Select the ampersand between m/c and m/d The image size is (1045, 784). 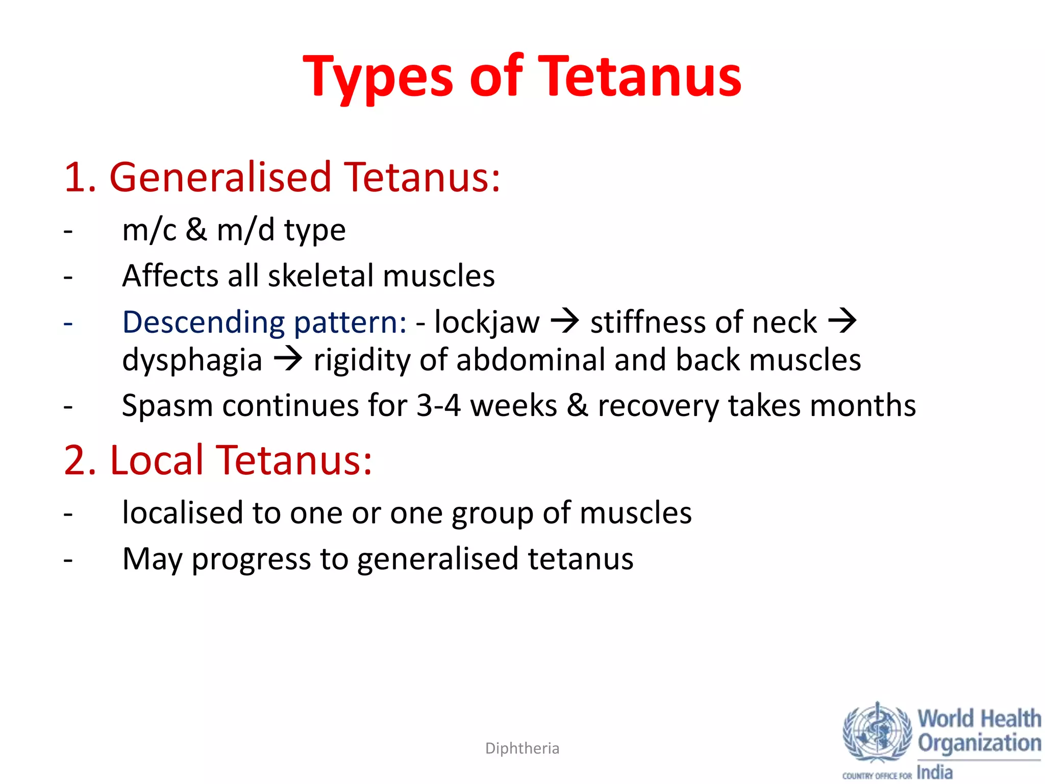(196, 230)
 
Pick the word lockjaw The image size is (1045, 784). (487, 323)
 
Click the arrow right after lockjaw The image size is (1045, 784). (565, 322)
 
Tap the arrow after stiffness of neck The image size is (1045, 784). (842, 322)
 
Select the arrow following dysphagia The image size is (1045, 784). (288, 359)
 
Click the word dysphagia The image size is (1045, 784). (192, 360)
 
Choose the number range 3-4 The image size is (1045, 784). (439, 406)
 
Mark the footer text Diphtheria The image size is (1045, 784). (522, 748)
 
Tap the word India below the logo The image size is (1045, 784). (935, 772)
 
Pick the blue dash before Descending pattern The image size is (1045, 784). (68, 323)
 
